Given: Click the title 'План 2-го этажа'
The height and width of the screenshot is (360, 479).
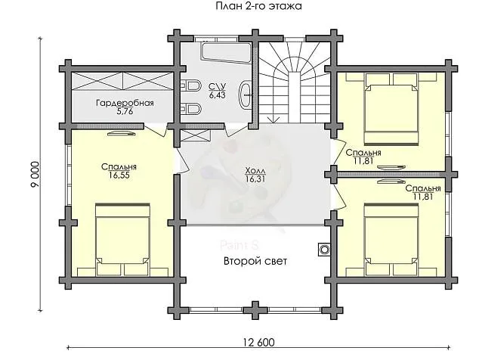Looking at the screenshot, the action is pyautogui.click(x=258, y=6).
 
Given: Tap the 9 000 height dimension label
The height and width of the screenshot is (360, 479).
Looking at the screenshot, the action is pyautogui.click(x=35, y=174).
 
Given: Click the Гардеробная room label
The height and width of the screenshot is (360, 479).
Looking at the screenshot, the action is pyautogui.click(x=125, y=103).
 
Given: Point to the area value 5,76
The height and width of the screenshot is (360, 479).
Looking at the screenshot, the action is pyautogui.click(x=125, y=111).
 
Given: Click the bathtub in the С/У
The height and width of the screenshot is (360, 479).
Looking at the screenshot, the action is pyautogui.click(x=227, y=53).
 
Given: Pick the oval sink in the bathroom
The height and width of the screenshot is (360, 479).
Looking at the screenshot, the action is pyautogui.click(x=246, y=95).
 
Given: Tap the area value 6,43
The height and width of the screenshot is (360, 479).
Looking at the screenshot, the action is pyautogui.click(x=217, y=95).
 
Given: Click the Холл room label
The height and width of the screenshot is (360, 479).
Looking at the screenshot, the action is pyautogui.click(x=255, y=171).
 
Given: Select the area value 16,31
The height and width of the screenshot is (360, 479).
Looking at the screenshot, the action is pyautogui.click(x=255, y=179).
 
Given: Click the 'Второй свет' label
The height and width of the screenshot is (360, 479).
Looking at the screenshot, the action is pyautogui.click(x=255, y=261).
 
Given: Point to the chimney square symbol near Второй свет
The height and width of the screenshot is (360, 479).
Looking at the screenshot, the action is pyautogui.click(x=324, y=250).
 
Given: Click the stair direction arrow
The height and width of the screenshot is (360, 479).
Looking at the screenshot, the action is pyautogui.click(x=273, y=119).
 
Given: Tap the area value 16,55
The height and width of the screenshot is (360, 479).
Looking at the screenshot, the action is pyautogui.click(x=119, y=175).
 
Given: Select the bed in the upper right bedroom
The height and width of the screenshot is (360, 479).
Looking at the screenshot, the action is pyautogui.click(x=391, y=109).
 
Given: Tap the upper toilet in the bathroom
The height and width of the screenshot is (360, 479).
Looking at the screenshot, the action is pyautogui.click(x=191, y=86).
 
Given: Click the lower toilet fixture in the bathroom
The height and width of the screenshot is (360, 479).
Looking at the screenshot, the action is pyautogui.click(x=191, y=109).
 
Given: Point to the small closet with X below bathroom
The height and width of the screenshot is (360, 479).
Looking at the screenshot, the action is pyautogui.click(x=196, y=135).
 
